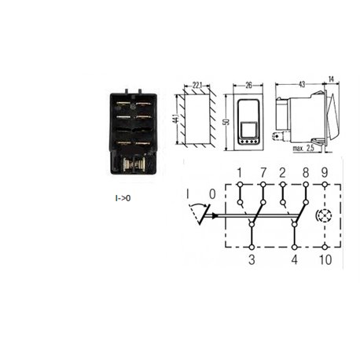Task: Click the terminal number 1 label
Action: tap(239, 173)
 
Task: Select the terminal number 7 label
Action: tap(263, 173)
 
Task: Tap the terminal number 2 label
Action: tap(282, 173)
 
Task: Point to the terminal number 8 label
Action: tap(306, 173)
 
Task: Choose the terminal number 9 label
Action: tap(325, 173)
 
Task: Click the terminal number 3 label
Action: tap(252, 259)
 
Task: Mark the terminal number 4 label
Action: tap(295, 259)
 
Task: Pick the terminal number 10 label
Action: tap(325, 259)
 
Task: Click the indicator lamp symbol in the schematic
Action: tap(325, 216)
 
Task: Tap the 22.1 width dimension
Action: tap(197, 85)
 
